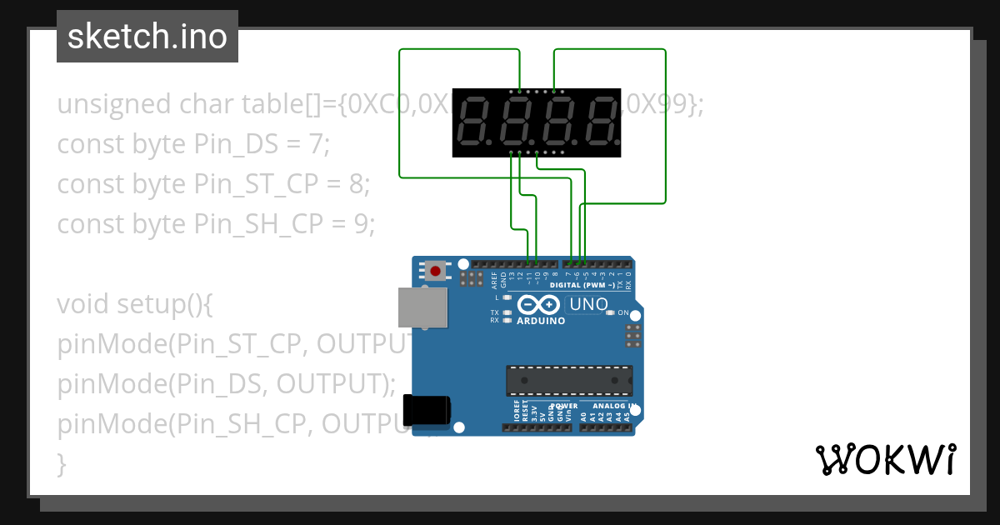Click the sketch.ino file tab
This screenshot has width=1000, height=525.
click(x=147, y=37)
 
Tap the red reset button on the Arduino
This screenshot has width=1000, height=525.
click(x=435, y=271)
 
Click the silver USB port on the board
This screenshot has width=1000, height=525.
click(x=422, y=307)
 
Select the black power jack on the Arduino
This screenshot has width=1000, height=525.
click(x=426, y=410)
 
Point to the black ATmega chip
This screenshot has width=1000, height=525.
click(x=568, y=380)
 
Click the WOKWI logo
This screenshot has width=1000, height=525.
click(x=885, y=459)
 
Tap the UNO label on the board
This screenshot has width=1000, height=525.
click(x=589, y=305)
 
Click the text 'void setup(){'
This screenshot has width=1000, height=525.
click(x=135, y=304)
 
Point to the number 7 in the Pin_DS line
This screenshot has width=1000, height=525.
click(x=315, y=144)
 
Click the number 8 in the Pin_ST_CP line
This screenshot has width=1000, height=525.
click(x=355, y=184)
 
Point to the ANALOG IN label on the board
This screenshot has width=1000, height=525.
click(x=612, y=407)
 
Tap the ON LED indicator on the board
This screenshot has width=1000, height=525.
click(x=611, y=312)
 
